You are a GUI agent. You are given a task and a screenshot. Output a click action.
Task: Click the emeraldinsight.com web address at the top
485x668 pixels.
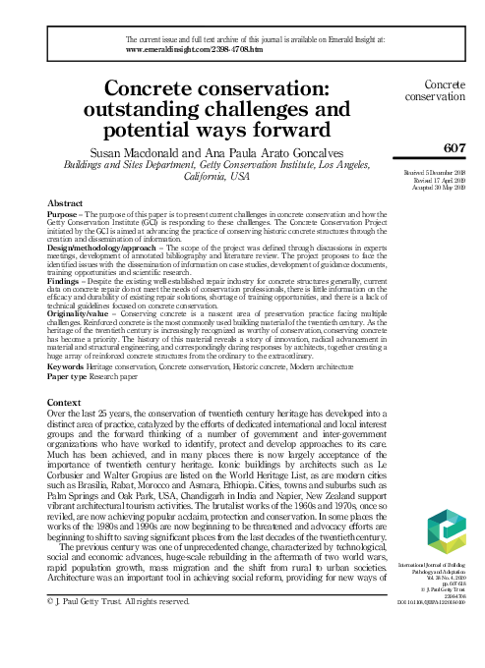pyautogui.click(x=196, y=47)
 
